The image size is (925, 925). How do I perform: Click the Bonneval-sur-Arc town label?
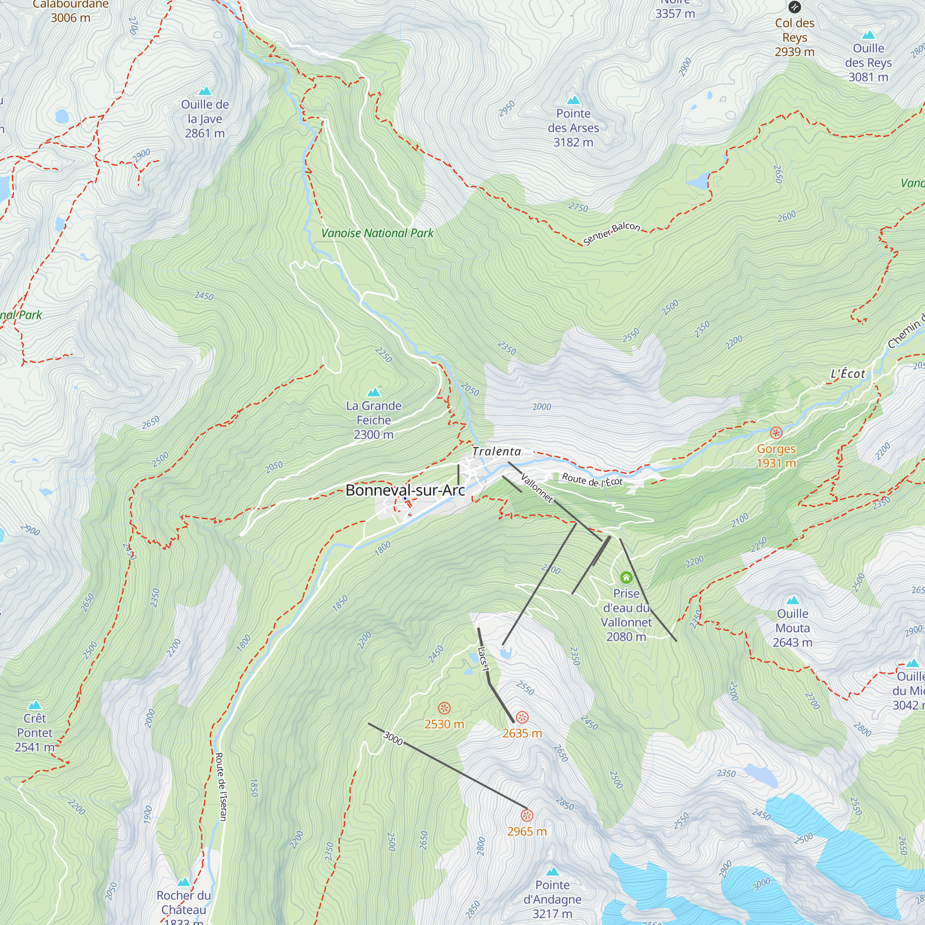point(405,490)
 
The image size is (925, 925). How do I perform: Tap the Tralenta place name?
point(496,451)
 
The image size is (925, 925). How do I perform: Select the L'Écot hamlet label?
point(847,374)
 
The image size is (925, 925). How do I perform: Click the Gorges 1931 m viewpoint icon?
point(776,433)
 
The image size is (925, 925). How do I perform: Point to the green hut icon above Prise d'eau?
point(626,578)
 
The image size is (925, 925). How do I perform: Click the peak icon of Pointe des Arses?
point(573,100)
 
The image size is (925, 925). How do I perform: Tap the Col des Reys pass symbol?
point(795,7)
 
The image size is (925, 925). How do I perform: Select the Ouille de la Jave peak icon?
point(205,91)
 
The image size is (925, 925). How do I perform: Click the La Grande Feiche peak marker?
point(373,393)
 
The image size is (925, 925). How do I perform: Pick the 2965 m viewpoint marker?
point(527,816)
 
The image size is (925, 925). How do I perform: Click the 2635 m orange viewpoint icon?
point(522,717)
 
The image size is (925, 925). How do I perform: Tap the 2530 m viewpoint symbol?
point(444,708)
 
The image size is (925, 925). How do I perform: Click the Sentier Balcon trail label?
point(611,233)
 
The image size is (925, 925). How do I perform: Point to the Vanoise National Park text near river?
point(377,233)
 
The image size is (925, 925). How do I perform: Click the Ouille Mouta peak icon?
point(793,600)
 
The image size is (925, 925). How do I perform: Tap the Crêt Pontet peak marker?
point(35,705)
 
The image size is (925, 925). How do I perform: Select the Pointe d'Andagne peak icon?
point(553,871)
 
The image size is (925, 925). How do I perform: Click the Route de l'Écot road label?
point(592,480)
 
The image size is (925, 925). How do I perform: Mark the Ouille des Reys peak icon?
point(869,35)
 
